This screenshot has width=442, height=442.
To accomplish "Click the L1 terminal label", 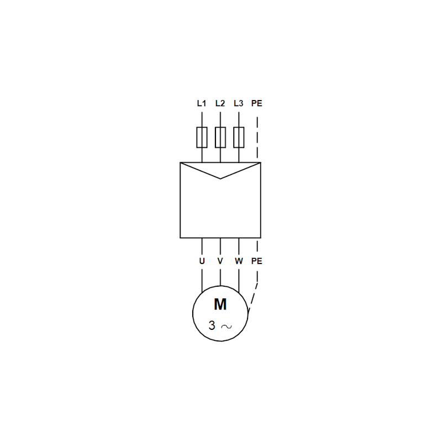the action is [202, 103].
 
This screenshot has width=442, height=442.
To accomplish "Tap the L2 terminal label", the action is [220, 103].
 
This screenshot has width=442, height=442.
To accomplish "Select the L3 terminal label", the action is [239, 103].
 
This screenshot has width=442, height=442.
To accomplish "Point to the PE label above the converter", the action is [257, 103].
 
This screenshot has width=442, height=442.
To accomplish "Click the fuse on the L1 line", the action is [202, 137].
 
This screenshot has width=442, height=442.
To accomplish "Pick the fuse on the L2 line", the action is [220, 137].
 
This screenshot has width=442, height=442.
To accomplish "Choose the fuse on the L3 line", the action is [239, 137].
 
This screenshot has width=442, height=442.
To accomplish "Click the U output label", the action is [202, 261].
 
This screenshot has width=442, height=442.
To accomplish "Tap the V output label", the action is [220, 261].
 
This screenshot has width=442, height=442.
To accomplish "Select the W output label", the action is [239, 261].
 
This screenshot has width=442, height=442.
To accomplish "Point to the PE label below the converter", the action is [257, 261].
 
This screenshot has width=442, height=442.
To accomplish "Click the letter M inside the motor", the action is [220, 304].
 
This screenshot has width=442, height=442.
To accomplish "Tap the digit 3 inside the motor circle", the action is [212, 325].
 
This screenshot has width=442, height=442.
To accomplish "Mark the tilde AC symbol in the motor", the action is [227, 327].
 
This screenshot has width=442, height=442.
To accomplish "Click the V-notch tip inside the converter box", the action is [220, 178].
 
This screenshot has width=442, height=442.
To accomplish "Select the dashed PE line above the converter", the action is [257, 138].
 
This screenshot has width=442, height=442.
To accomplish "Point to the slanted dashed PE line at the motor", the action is [252, 297].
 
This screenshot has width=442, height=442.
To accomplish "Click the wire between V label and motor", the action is [220, 277].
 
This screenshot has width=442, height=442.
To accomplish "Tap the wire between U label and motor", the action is [202, 281].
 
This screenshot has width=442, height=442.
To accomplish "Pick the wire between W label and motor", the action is [239, 281].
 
